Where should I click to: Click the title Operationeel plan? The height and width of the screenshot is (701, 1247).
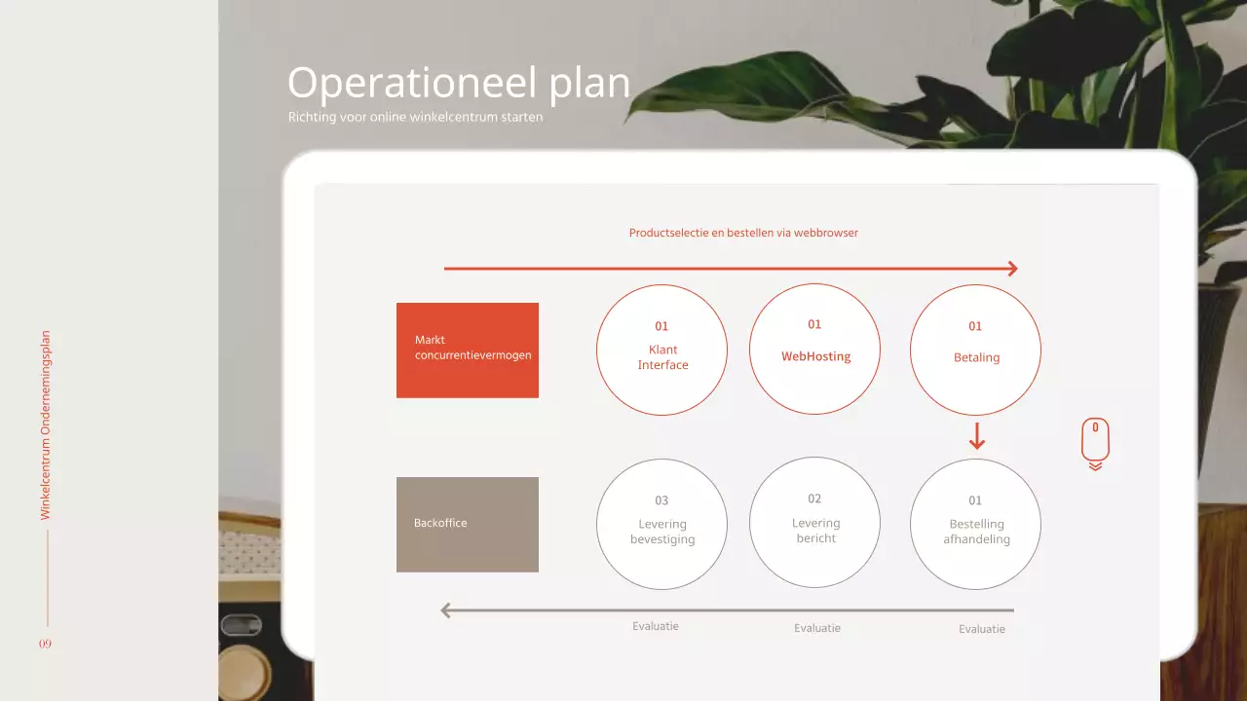tap(459, 84)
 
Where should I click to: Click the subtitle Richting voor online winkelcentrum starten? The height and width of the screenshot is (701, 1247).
tap(415, 117)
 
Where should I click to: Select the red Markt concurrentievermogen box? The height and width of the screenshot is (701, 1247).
tap(468, 350)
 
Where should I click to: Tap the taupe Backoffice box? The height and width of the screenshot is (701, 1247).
tap(468, 524)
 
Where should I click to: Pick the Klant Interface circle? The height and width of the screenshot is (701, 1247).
tap(661, 350)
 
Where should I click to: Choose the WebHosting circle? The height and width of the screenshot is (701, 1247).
tap(814, 349)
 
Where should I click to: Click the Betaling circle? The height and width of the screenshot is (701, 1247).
tap(975, 350)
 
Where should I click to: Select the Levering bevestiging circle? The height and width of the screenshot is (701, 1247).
tap(661, 524)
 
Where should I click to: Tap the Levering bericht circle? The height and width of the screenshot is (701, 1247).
tap(814, 523)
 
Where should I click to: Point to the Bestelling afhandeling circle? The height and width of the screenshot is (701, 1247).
tap(975, 524)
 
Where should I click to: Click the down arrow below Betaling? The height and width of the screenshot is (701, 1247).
tap(977, 436)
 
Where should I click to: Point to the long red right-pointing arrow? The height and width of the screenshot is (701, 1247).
tap(731, 269)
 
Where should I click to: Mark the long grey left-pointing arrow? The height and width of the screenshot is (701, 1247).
tap(727, 610)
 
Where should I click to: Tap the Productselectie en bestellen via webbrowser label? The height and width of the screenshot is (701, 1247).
tap(743, 233)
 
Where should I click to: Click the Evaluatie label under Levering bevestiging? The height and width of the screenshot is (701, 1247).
tap(656, 626)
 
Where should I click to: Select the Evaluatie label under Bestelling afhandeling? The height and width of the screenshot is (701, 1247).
tap(982, 629)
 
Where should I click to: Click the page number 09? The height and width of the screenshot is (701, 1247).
tap(46, 645)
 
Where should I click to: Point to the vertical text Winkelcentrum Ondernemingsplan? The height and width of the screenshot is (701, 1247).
tap(46, 424)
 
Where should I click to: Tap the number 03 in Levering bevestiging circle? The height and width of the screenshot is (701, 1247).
tap(661, 500)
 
